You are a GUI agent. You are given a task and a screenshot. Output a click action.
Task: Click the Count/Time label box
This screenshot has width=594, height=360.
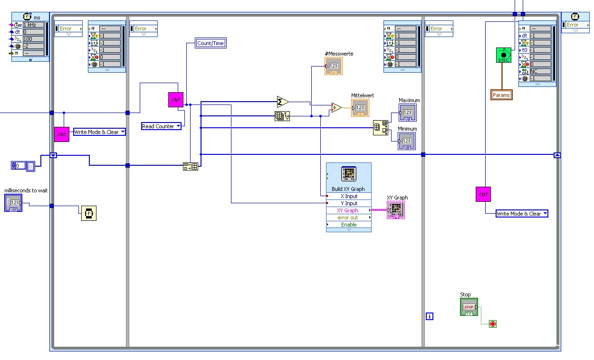211,43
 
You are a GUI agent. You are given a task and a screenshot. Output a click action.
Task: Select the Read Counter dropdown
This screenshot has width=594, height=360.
162,126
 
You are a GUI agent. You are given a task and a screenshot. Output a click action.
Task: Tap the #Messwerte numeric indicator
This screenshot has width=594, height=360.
333,66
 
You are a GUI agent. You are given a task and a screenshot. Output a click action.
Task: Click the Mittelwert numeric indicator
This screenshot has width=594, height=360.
360,108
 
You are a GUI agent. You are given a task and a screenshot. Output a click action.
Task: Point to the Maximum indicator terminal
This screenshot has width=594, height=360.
407,113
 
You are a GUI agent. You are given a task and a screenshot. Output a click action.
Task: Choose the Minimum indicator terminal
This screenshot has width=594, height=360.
407,141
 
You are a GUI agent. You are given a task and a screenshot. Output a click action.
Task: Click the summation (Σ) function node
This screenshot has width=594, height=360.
282,102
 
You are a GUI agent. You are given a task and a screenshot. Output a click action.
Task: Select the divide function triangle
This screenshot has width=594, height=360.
336,108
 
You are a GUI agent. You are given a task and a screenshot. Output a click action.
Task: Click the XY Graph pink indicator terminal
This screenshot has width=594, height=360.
396,209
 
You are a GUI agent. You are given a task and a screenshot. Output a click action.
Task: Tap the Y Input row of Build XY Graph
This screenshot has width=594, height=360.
349,203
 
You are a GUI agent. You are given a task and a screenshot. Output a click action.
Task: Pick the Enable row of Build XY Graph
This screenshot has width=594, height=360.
349,225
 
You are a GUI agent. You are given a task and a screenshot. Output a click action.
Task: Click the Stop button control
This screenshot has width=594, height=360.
469,307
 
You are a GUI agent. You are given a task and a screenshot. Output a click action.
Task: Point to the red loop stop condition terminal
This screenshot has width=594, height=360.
493,324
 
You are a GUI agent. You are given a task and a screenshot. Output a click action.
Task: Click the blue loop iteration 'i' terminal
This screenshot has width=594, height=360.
430,316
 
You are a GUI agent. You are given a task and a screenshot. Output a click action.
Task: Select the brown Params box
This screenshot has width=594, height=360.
501,95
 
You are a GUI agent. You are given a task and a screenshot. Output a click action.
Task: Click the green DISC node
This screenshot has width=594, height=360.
504,55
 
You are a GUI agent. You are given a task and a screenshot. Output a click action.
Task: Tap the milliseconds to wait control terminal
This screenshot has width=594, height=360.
13,203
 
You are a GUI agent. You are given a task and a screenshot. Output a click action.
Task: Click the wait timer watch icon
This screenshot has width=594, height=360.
88,213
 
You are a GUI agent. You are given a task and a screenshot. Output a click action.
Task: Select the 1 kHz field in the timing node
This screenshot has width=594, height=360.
33,25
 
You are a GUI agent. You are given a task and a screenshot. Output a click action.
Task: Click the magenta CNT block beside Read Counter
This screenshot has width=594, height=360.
176,100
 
